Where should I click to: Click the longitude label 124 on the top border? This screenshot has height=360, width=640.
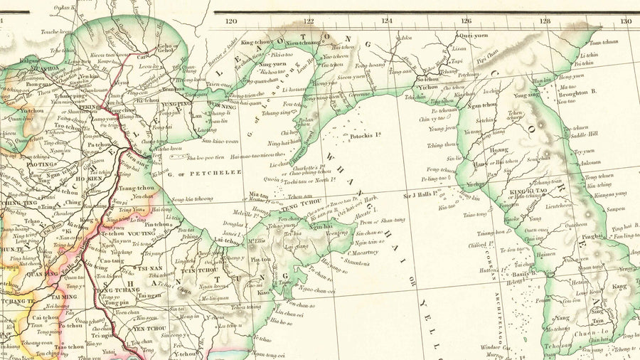387,21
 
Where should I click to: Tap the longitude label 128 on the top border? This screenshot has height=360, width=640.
545,21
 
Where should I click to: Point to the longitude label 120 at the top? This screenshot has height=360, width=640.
230,21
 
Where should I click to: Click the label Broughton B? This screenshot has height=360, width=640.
577,92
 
